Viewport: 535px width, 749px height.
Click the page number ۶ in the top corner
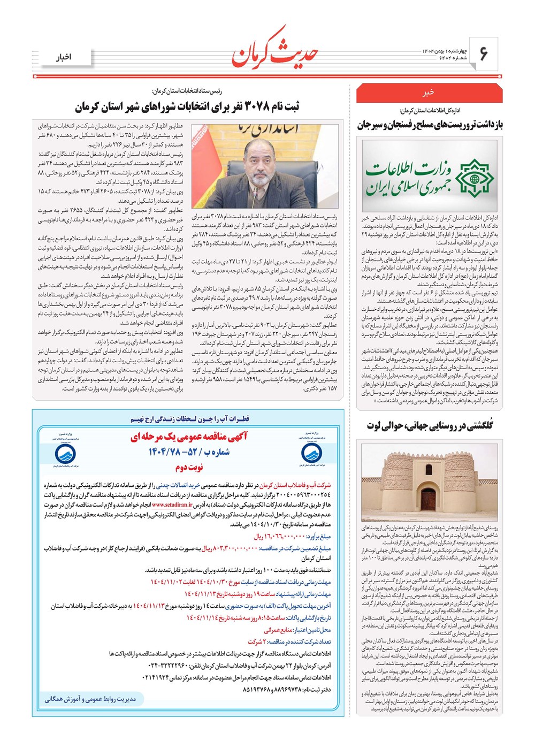(484, 53)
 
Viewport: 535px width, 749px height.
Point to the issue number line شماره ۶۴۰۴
(437, 58)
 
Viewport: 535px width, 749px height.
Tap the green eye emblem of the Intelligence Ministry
(472, 175)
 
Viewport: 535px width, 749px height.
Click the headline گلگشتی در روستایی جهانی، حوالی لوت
(430, 426)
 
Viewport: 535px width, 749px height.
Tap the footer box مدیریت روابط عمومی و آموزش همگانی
(90, 699)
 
